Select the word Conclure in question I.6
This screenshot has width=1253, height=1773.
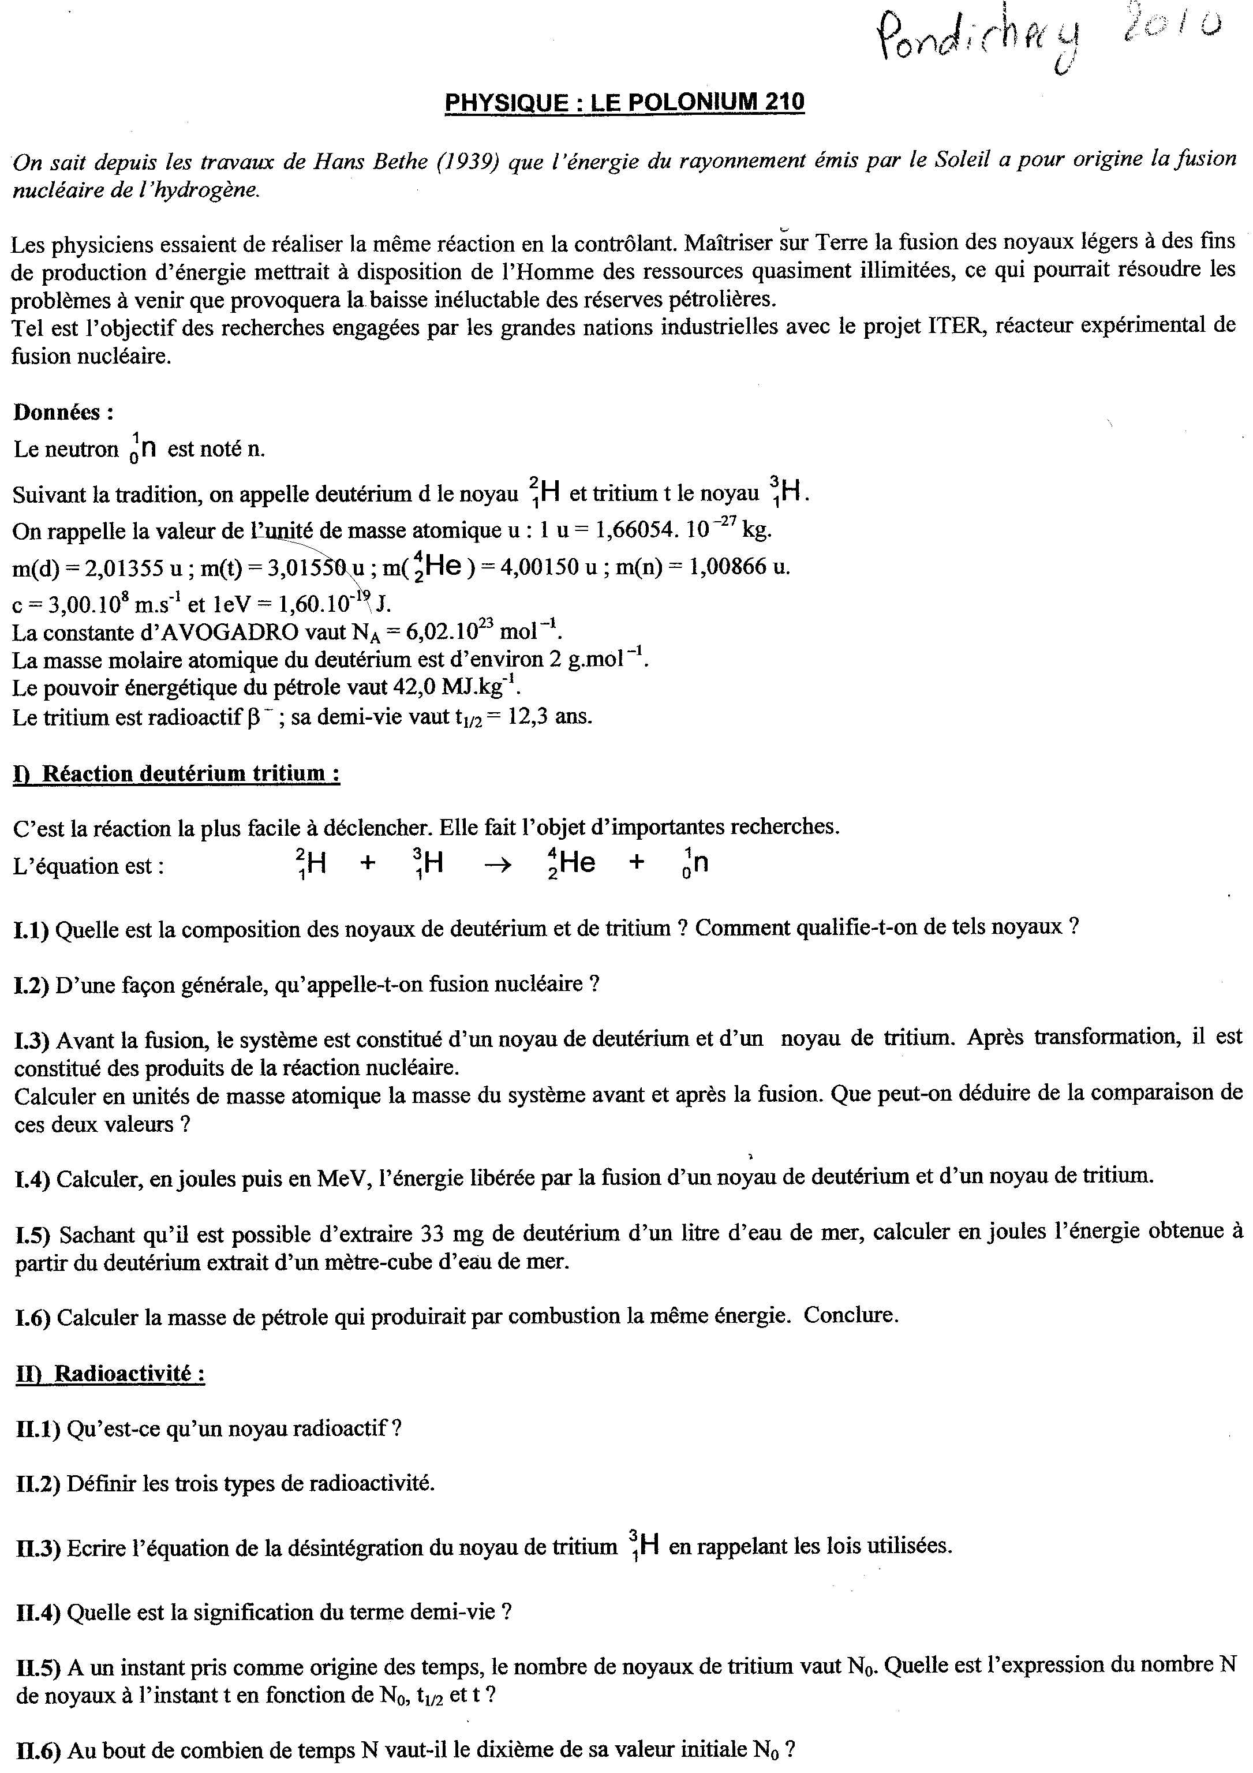851,1315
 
